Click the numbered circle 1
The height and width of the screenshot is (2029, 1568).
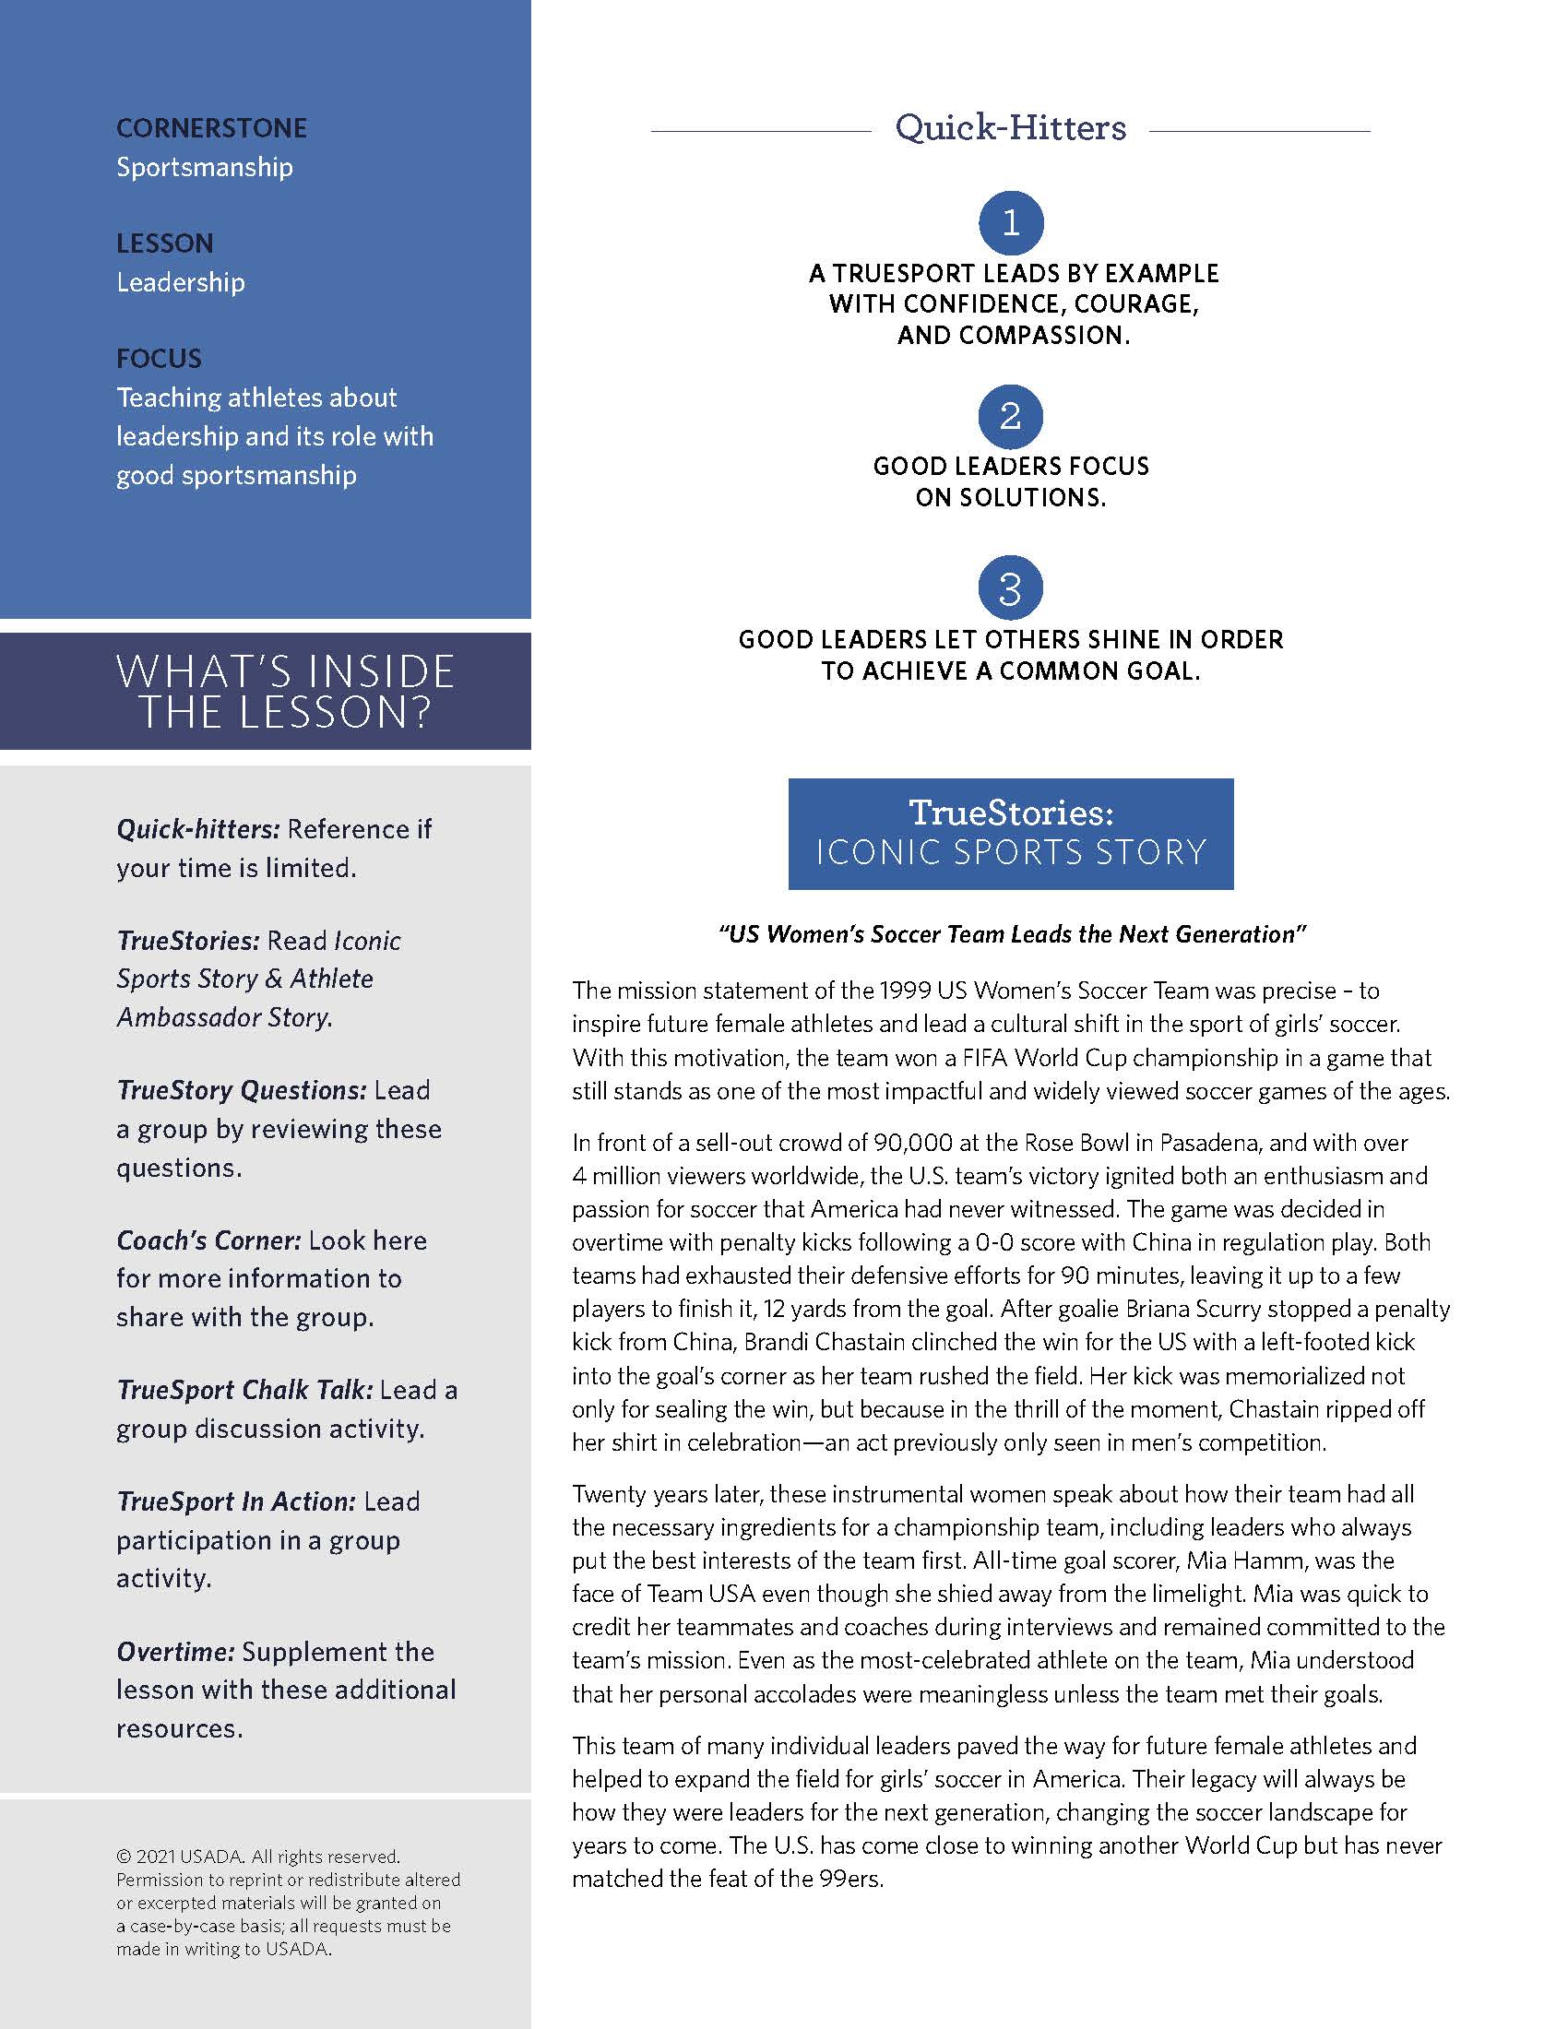1011,223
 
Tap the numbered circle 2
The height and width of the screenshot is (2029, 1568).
1011,416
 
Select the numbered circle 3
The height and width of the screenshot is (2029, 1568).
1011,588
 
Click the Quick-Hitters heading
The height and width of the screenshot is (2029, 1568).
1011,128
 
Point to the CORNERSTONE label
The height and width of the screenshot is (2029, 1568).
212,128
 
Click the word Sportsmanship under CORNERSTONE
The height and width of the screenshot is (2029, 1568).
205,167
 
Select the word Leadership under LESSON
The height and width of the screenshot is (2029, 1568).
180,282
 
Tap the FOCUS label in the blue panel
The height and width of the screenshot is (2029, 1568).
159,359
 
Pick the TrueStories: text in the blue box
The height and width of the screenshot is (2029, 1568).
1011,813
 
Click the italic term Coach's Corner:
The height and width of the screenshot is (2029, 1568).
209,1240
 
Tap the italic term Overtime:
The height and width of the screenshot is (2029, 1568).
175,1652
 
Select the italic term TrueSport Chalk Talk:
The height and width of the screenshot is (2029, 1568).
245,1390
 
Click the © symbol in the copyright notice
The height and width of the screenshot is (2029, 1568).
124,1857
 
